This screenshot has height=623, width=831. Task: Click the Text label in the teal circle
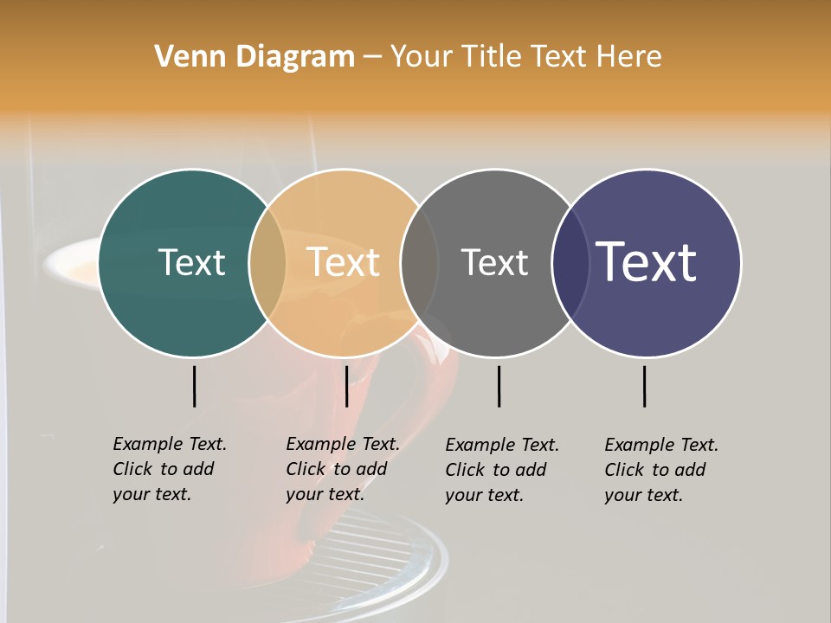(x=191, y=262)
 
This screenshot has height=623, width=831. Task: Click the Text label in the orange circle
(x=343, y=262)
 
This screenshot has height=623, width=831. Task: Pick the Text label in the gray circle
(x=494, y=262)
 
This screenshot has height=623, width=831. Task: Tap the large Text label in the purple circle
(x=646, y=262)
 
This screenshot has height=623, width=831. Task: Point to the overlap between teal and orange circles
(x=267, y=263)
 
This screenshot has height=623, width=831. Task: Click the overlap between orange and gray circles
(x=419, y=263)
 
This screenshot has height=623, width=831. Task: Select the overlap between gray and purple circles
(x=570, y=263)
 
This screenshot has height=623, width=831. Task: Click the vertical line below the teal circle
(x=195, y=386)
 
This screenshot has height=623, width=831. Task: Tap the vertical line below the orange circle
(x=346, y=386)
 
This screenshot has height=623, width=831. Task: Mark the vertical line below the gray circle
(x=499, y=386)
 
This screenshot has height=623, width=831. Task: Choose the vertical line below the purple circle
(x=645, y=386)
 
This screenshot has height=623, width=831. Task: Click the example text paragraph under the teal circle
(x=170, y=469)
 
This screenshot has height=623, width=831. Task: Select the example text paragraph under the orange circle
(x=343, y=469)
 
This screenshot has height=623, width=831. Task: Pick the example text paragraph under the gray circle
(x=502, y=470)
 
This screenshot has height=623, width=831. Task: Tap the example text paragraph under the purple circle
(x=661, y=470)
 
